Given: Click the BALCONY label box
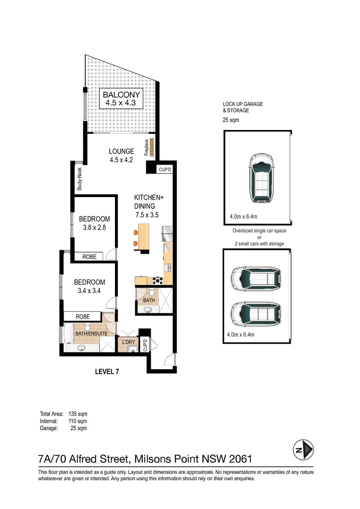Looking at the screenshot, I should pyautogui.click(x=122, y=99).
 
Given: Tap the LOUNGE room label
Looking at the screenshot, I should pyautogui.click(x=122, y=151).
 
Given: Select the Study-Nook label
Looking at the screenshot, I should pyautogui.click(x=79, y=179).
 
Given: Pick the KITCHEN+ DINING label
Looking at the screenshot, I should pyautogui.click(x=149, y=202).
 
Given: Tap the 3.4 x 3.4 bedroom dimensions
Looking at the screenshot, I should pyautogui.click(x=90, y=291).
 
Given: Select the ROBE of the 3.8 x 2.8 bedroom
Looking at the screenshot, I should pyautogui.click(x=89, y=257).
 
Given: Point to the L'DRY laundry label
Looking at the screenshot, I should pyautogui.click(x=129, y=342).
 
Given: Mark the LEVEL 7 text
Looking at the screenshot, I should pyautogui.click(x=106, y=371).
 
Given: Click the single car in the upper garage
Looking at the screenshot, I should pyautogui.click(x=261, y=179).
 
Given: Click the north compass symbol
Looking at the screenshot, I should pyautogui.click(x=303, y=449).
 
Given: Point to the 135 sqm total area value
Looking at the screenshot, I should pyautogui.click(x=78, y=414).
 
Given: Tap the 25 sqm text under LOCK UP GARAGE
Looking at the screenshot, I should pyautogui.click(x=231, y=120).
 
